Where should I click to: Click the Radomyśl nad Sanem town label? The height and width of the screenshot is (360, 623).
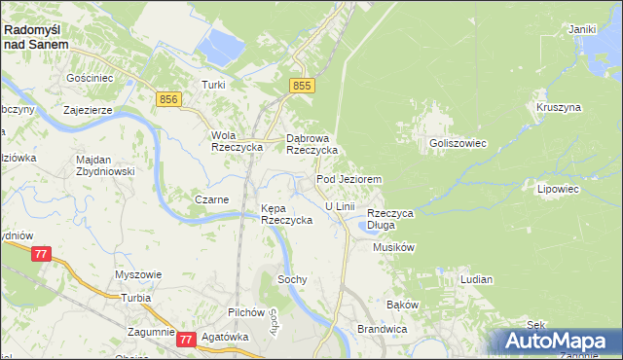coord(36,37)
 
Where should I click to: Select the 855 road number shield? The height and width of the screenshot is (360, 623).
coord(303,87)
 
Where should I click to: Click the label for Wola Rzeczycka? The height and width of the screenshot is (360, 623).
coord(233,141)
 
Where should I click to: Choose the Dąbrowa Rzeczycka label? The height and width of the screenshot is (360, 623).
coord(311,144)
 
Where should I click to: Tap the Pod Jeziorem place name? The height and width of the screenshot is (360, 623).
coord(348,180)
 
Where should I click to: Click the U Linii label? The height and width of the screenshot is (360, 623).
coord(340,206)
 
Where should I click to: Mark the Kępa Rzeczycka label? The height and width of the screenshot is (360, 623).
coord(286,214)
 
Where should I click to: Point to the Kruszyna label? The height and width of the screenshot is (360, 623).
coord(558,106)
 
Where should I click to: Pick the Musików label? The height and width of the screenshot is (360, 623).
coord(394,247)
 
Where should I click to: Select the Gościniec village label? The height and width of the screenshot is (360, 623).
coord(90,77)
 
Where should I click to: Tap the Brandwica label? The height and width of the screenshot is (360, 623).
coord(381,329)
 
